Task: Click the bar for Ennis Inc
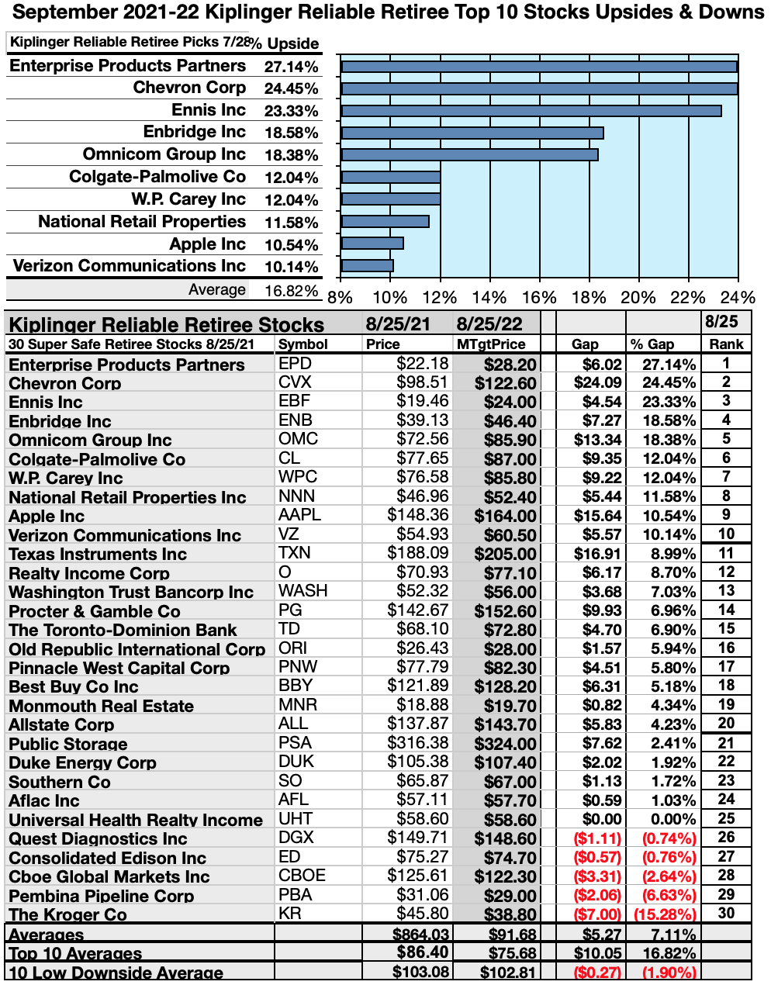(x=531, y=111)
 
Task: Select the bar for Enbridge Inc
(x=472, y=133)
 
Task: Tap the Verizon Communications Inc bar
(x=367, y=266)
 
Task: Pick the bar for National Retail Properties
(x=385, y=222)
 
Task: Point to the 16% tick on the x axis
(x=539, y=298)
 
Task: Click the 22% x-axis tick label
(x=688, y=298)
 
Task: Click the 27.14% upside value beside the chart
(x=291, y=67)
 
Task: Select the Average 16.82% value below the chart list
(x=291, y=291)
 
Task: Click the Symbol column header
(x=303, y=344)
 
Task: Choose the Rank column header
(x=726, y=344)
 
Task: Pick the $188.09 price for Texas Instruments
(x=418, y=553)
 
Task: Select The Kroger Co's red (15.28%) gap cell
(x=665, y=914)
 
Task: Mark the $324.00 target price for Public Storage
(x=505, y=744)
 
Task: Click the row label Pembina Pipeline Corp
(x=101, y=896)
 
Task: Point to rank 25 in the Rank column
(x=726, y=818)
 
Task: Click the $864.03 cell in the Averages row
(x=421, y=934)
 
